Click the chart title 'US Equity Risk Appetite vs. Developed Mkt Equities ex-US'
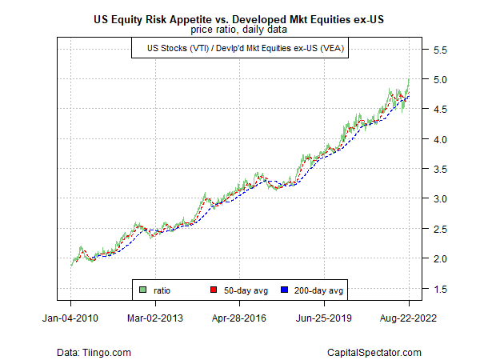click(x=240, y=19)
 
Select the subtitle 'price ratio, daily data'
click(x=240, y=30)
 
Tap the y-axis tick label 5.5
click(x=440, y=50)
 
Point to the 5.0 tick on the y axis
click(x=440, y=80)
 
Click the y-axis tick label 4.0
click(x=440, y=139)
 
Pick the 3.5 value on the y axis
click(x=440, y=170)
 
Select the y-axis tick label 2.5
click(x=440, y=229)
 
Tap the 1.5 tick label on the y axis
click(x=440, y=289)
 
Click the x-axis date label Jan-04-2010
click(x=70, y=318)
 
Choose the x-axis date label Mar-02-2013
click(x=155, y=318)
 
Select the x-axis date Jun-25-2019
click(x=325, y=318)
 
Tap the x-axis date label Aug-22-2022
click(x=409, y=318)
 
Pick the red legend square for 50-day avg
click(x=214, y=290)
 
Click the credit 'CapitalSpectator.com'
click(x=374, y=351)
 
